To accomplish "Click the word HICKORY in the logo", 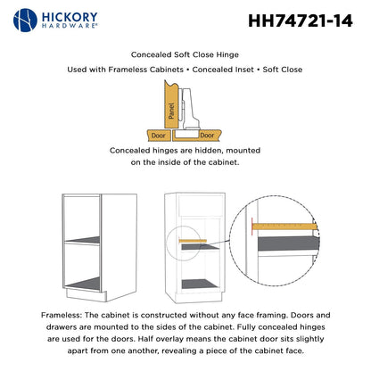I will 73,16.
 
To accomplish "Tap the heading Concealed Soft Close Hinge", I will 185,54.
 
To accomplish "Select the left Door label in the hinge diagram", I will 157,134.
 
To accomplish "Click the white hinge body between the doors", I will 187,111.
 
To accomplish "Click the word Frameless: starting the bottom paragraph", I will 67,315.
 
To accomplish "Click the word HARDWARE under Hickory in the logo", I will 73,29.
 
